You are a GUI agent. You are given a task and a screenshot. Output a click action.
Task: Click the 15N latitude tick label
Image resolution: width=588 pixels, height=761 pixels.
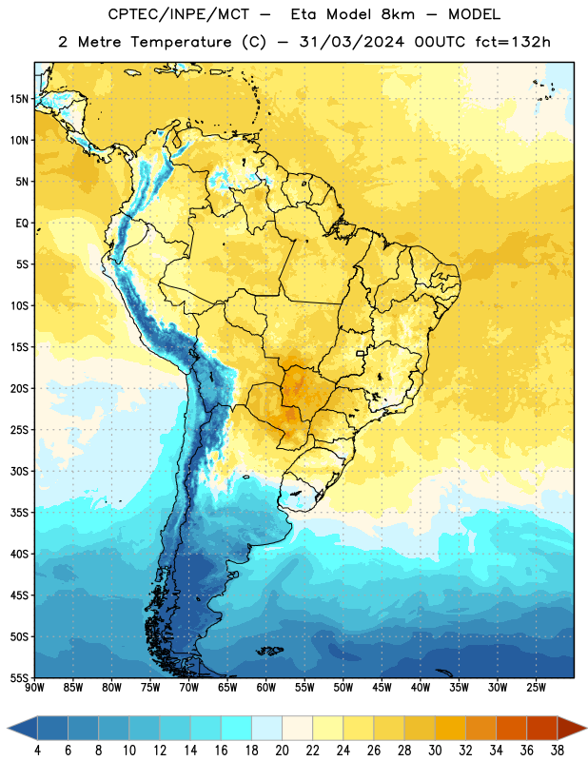(x=19, y=99)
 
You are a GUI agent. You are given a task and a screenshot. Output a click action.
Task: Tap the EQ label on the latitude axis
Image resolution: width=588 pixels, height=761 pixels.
(x=22, y=224)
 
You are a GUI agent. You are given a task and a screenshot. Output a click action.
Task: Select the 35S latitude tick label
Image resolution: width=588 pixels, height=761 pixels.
(x=19, y=513)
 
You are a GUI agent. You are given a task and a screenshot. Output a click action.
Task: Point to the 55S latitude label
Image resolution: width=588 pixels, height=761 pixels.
(x=19, y=677)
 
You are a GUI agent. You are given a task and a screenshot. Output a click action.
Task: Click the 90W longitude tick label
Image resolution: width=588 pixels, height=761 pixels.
(x=34, y=687)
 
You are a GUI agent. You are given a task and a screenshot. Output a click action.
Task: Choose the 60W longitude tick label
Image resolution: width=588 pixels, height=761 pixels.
(x=266, y=687)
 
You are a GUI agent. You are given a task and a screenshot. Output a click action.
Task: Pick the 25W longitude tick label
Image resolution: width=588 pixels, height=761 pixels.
(x=536, y=687)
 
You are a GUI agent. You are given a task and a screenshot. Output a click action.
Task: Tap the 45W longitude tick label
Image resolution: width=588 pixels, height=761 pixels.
(x=382, y=687)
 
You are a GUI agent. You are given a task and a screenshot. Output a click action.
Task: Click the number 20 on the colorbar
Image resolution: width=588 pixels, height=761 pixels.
(x=282, y=751)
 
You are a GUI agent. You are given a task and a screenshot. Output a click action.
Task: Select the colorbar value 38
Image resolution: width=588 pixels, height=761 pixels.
(x=558, y=751)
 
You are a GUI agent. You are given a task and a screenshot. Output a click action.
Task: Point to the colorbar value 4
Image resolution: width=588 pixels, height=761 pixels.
(x=37, y=751)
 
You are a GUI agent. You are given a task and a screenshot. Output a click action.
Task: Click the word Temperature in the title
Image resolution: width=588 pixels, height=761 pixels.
(x=181, y=42)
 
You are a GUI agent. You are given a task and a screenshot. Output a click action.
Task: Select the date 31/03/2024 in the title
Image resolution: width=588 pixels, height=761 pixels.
(x=351, y=42)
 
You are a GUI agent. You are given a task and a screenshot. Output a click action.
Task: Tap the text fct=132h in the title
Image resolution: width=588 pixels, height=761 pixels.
(x=513, y=42)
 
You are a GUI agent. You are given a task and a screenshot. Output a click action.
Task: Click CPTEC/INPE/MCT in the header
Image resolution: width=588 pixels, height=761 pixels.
(x=179, y=14)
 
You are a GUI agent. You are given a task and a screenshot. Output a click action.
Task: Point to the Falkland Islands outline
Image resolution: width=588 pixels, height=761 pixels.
(x=270, y=651)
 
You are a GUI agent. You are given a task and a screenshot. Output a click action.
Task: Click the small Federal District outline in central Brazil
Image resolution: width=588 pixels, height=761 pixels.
(x=361, y=353)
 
